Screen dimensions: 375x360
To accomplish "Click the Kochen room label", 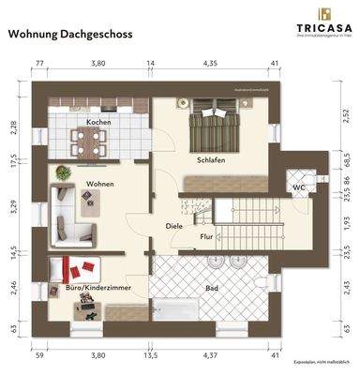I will pyautogui.click(x=100, y=124).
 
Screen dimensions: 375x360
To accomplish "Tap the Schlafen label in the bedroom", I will pyautogui.click(x=210, y=160).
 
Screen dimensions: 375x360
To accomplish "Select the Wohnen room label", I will pyautogui.click(x=100, y=184).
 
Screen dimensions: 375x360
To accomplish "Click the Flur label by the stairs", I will pyautogui.click(x=208, y=236).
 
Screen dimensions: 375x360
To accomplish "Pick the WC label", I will pyautogui.click(x=297, y=187).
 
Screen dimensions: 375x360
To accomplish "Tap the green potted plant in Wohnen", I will pyautogui.click(x=63, y=172).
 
